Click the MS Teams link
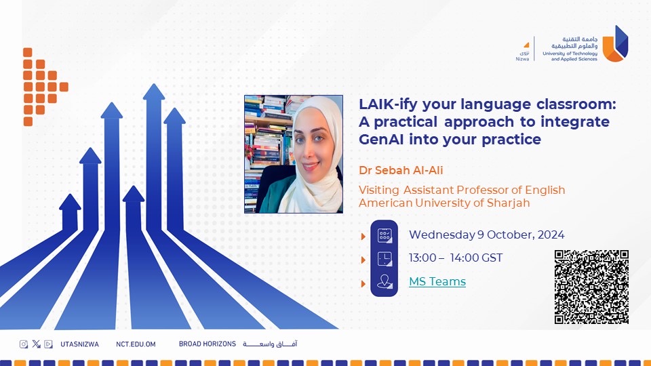click(x=437, y=281)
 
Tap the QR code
click(x=591, y=287)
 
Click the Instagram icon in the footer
click(x=24, y=344)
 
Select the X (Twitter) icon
click(x=36, y=344)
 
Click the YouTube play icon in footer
click(x=48, y=344)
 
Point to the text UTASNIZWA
click(x=80, y=344)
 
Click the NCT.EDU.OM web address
click(x=136, y=344)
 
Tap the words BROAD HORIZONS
click(x=208, y=344)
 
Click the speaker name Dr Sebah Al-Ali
click(x=401, y=170)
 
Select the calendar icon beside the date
click(x=384, y=235)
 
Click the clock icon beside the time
click(x=384, y=258)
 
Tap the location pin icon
click(x=384, y=282)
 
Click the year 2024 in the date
click(x=551, y=235)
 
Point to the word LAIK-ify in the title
click(x=388, y=104)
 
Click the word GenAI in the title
click(x=381, y=140)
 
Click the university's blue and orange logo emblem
click(x=615, y=43)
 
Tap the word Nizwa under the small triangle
click(x=522, y=59)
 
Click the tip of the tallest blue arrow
click(x=154, y=84)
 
